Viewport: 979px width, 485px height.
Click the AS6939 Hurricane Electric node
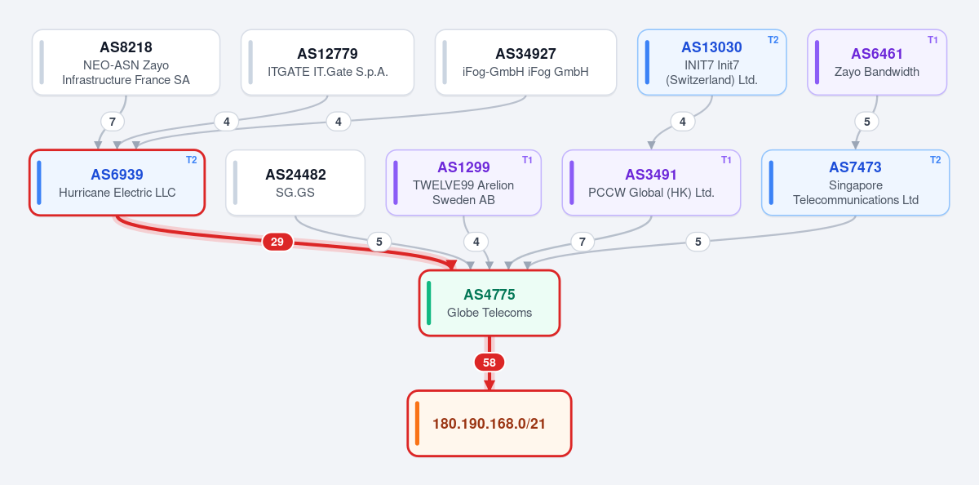click(x=117, y=183)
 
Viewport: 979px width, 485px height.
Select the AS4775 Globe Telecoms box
click(x=489, y=303)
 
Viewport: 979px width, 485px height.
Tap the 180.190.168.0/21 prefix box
click(x=489, y=423)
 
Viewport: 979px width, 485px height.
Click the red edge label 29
click(x=277, y=242)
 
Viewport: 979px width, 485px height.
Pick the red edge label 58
click(x=489, y=363)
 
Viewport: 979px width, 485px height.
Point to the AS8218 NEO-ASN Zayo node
click(x=126, y=63)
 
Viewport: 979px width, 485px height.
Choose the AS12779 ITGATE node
click(x=327, y=63)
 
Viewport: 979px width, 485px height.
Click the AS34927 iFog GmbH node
click(x=525, y=63)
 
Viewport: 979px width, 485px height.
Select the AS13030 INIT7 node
click(x=712, y=63)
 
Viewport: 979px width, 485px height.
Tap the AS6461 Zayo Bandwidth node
click(x=877, y=63)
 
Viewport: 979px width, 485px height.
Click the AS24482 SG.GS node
click(x=295, y=183)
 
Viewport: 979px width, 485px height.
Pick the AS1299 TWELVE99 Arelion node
click(x=463, y=183)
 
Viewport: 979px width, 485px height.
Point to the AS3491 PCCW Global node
click(x=651, y=183)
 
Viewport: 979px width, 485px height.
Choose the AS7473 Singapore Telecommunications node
click(x=856, y=183)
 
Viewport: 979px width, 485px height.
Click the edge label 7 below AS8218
click(x=113, y=122)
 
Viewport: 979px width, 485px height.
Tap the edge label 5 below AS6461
click(x=867, y=122)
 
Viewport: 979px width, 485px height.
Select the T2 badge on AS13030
click(x=773, y=40)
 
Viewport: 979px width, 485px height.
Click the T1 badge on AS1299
click(x=528, y=160)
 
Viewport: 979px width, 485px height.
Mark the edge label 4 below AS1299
click(x=476, y=242)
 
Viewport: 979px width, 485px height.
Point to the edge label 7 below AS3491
click(x=583, y=242)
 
